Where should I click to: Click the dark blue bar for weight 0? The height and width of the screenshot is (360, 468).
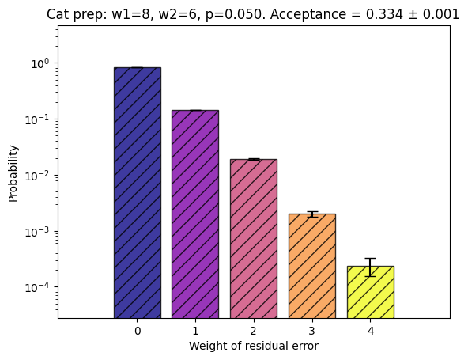click(x=138, y=193)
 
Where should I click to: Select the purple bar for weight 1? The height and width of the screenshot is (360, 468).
click(x=195, y=214)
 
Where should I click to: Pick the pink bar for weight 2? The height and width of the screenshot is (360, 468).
click(x=254, y=239)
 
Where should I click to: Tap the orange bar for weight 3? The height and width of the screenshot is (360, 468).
click(x=312, y=266)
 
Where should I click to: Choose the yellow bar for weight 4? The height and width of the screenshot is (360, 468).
click(x=371, y=292)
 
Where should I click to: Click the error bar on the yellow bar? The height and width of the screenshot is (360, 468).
click(x=371, y=267)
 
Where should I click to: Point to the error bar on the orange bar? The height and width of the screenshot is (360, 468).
click(x=312, y=214)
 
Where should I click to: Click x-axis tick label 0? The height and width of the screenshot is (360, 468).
click(x=138, y=331)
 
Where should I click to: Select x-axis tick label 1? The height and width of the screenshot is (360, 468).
click(x=195, y=331)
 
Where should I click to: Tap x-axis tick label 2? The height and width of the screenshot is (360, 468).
click(x=254, y=331)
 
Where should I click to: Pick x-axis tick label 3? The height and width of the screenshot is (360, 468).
click(x=312, y=331)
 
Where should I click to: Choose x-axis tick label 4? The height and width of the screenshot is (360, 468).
click(x=371, y=331)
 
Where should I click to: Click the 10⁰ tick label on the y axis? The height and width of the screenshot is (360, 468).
click(x=40, y=63)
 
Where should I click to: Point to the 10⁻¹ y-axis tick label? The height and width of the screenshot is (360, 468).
click(x=37, y=119)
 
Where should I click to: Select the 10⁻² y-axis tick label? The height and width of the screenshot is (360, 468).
click(x=37, y=176)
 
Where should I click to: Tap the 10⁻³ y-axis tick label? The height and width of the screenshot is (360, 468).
click(x=37, y=232)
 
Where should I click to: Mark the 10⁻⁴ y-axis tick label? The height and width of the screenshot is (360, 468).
click(x=37, y=288)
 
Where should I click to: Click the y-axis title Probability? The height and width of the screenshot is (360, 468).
click(x=13, y=173)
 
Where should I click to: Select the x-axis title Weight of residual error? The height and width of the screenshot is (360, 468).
click(x=254, y=346)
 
